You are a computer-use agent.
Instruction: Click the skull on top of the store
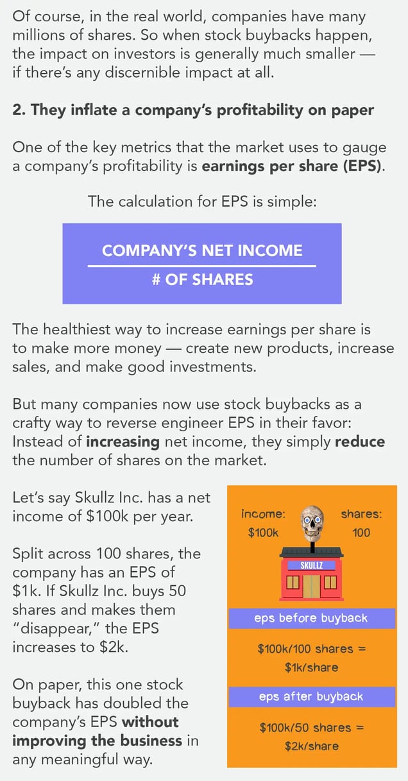312,522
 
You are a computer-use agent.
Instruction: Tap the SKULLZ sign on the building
312,565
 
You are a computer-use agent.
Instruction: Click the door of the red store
312,586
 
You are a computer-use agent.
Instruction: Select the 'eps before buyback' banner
312,618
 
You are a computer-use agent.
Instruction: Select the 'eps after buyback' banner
312,697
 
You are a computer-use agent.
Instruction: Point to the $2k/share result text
312,746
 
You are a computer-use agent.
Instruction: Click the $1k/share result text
312,667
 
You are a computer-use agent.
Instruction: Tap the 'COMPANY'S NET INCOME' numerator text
202,251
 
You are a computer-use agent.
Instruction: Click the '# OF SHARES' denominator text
203,280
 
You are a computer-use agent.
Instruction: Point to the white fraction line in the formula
202,266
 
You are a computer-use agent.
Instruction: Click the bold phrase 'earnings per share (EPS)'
293,166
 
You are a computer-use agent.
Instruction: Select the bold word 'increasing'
123,442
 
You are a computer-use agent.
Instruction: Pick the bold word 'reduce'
360,442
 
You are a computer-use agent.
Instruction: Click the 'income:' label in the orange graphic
264,514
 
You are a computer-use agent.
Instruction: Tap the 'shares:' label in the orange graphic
361,514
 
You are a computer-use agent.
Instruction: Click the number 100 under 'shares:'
361,533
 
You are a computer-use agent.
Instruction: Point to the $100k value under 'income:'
264,533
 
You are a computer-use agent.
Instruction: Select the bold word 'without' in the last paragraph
150,722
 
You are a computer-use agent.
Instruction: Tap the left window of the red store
293,583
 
